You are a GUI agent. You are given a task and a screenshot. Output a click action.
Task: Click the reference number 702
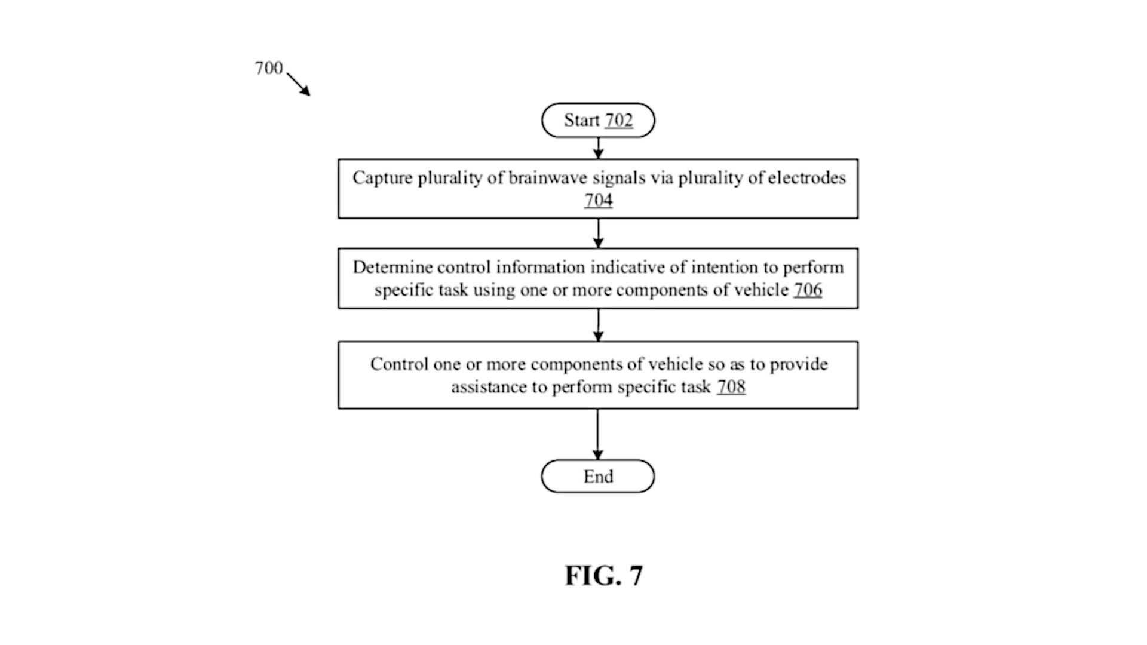618,120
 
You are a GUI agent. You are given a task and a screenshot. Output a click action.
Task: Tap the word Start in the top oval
581,120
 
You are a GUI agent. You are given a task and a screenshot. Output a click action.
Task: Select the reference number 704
598,200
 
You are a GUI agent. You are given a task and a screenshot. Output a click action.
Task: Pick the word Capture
382,178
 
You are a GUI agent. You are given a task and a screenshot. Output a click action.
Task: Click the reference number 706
808,290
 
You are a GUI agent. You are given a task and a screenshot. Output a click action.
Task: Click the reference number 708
731,387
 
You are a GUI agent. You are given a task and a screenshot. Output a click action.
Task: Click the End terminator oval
598,476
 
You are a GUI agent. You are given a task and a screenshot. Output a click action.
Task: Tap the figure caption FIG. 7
604,575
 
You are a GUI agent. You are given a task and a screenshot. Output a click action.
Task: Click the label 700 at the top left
269,68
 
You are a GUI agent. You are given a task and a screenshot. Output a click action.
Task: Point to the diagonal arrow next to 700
298,84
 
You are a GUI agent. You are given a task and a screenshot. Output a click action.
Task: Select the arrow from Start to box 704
598,148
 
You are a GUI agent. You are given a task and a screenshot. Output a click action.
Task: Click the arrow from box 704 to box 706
598,233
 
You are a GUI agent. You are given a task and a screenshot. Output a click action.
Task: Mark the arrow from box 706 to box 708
598,325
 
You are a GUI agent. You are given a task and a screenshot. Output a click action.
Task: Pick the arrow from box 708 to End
597,434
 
